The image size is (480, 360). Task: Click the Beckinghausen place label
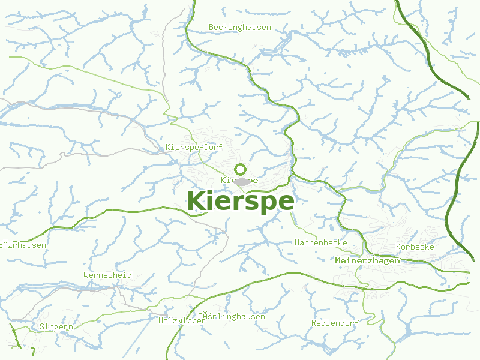pyautogui.click(x=240, y=27)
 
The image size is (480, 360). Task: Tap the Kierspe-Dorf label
pyautogui.click(x=190, y=147)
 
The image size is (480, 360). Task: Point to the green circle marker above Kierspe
pyautogui.click(x=240, y=169)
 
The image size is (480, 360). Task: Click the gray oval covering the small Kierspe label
pyautogui.click(x=241, y=181)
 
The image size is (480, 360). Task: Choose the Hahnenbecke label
pyautogui.click(x=321, y=242)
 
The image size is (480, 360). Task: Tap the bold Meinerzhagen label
pyautogui.click(x=367, y=260)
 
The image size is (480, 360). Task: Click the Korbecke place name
pyautogui.click(x=415, y=247)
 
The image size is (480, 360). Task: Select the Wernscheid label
pyautogui.click(x=108, y=275)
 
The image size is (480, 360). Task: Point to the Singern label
pyautogui.click(x=56, y=327)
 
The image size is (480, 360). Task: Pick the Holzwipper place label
pyautogui.click(x=182, y=320)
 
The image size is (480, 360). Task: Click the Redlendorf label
pyautogui.click(x=335, y=323)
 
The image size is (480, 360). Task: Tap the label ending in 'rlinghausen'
pyautogui.click(x=232, y=316)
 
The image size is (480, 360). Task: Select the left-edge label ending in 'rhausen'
pyautogui.click(x=23, y=245)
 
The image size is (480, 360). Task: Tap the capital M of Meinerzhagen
pyautogui.click(x=338, y=260)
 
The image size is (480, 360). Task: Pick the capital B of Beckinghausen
pyautogui.click(x=211, y=27)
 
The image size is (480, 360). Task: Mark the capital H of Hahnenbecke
pyautogui.click(x=297, y=242)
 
